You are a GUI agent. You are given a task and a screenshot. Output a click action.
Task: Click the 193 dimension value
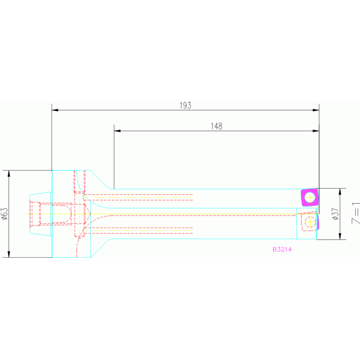point(185,106)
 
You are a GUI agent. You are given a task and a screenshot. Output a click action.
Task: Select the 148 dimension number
point(216,126)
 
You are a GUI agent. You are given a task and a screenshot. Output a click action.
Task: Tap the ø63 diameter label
point(4,214)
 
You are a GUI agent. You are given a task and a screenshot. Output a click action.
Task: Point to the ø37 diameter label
point(335,214)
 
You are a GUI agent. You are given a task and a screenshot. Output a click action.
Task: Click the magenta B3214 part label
point(282,250)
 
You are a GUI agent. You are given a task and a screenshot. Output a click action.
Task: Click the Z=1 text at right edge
point(355,214)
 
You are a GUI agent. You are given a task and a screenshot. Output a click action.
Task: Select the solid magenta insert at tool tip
point(309,198)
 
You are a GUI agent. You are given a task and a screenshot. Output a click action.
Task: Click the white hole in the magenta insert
point(309,198)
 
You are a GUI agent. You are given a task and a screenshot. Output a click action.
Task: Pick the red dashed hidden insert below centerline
point(309,222)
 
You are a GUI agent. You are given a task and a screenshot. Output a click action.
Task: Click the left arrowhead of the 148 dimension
point(117,131)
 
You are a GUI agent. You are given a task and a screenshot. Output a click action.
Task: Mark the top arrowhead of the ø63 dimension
point(9,173)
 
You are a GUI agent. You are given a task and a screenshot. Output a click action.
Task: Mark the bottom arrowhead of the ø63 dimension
point(9,254)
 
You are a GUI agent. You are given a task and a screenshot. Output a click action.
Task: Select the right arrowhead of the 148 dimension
point(316,131)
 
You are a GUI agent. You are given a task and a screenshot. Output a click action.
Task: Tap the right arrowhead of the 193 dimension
point(316,110)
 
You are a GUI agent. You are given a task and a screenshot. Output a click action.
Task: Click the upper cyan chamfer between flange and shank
point(101,180)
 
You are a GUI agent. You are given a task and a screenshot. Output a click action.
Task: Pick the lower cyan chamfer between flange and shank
point(101,248)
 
